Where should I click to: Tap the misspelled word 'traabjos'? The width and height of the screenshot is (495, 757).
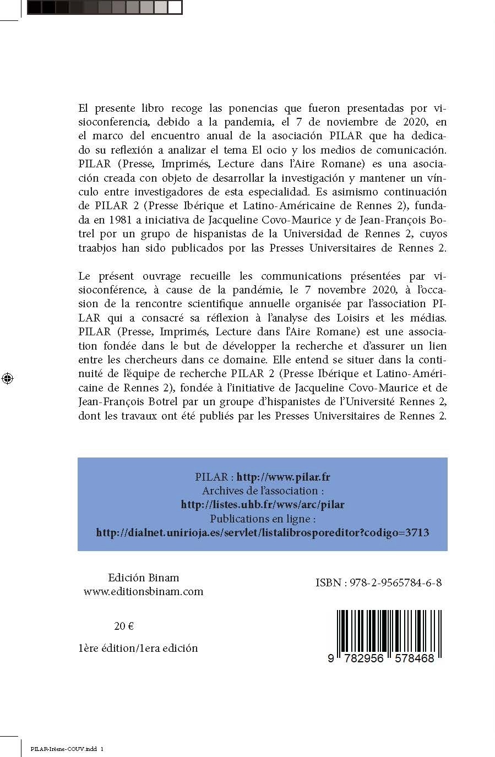pyautogui.click(x=97, y=248)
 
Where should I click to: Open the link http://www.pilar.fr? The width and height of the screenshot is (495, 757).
pyautogui.click(x=283, y=477)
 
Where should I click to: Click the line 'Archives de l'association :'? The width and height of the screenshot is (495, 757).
pyautogui.click(x=263, y=491)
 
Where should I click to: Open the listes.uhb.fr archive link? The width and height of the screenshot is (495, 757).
pyautogui.click(x=263, y=504)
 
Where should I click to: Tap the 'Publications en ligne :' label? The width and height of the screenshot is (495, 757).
pyautogui.click(x=263, y=519)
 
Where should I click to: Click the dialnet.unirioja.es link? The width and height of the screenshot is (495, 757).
pyautogui.click(x=263, y=532)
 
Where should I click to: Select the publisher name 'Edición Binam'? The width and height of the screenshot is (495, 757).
pyautogui.click(x=144, y=578)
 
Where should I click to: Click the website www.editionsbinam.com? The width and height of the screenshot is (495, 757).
pyautogui.click(x=144, y=592)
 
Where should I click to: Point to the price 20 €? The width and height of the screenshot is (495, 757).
pyautogui.click(x=124, y=626)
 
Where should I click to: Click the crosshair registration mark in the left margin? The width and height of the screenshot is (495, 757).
pyautogui.click(x=8, y=378)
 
